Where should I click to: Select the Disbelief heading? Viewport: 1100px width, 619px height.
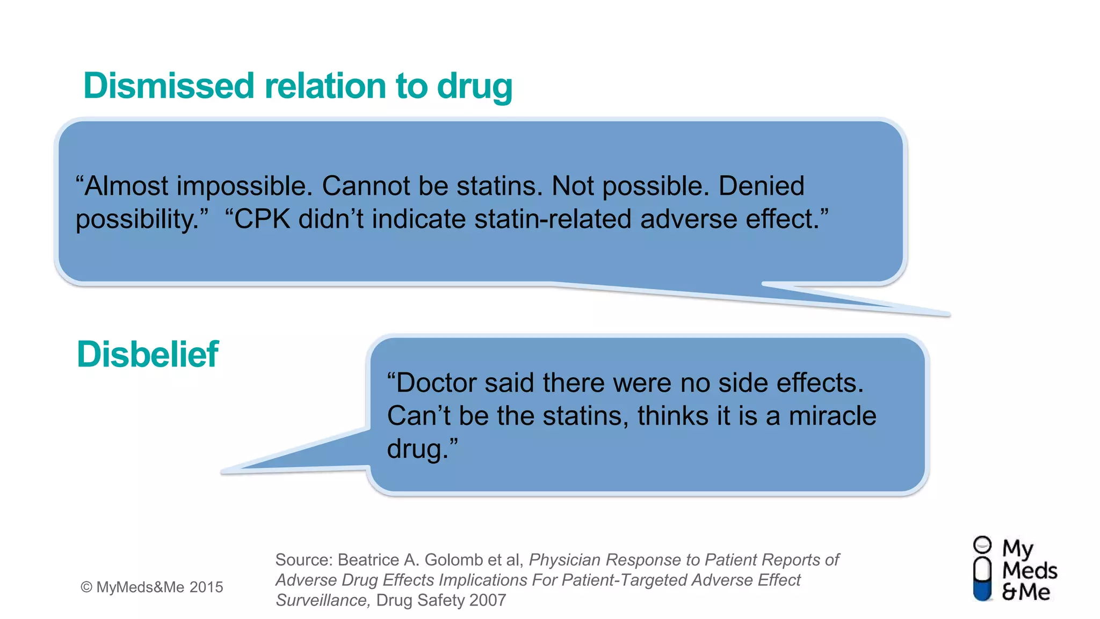(148, 355)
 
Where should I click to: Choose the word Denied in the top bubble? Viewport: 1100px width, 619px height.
(761, 186)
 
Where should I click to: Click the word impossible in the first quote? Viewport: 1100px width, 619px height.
(244, 186)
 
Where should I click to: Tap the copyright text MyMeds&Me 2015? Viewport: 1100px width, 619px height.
(152, 587)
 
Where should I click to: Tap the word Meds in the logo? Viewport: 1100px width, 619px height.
(1029, 570)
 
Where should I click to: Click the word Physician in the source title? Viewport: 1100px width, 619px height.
(565, 560)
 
